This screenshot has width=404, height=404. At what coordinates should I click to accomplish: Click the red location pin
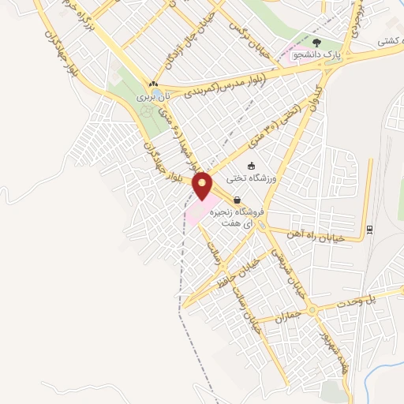coord(203,185)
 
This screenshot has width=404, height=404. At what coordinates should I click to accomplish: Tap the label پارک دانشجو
coord(316,55)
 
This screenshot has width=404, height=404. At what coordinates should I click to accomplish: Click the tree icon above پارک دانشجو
coord(316,43)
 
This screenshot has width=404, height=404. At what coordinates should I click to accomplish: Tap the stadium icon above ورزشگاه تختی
coord(251,166)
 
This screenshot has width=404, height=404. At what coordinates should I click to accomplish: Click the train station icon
coord(368,230)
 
